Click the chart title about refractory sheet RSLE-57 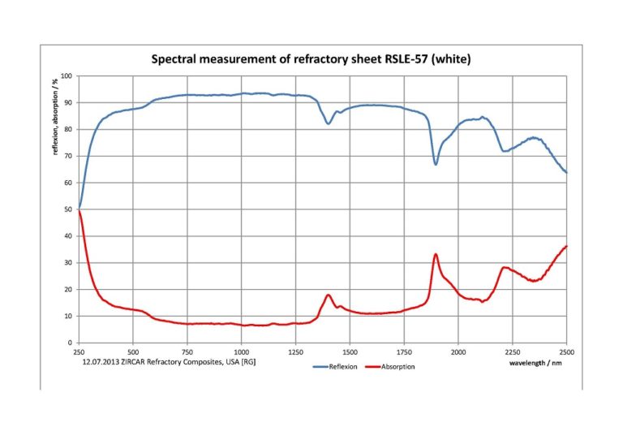(311, 59)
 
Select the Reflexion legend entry (337, 367)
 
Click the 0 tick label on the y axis (71, 343)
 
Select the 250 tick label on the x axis (79, 352)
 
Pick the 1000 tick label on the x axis (241, 352)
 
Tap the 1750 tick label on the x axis (404, 352)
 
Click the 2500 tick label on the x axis (566, 352)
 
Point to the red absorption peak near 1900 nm (436, 254)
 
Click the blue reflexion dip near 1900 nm (436, 164)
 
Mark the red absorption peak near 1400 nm (329, 295)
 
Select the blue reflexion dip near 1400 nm (328, 123)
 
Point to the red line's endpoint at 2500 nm (566, 246)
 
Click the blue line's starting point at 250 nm (79, 208)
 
